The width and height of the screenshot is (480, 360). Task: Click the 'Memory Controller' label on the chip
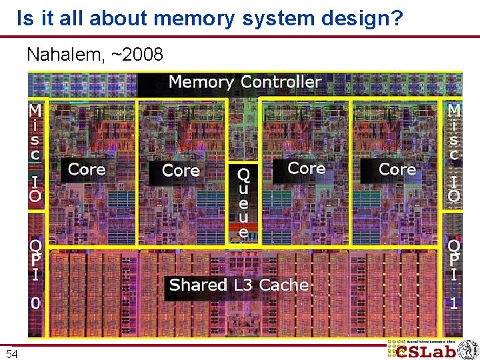click(245, 82)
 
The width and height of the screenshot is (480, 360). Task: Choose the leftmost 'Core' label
click(87, 169)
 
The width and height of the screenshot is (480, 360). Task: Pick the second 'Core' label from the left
click(180, 171)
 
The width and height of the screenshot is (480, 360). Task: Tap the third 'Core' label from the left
click(306, 168)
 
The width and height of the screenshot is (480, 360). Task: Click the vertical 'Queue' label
click(244, 204)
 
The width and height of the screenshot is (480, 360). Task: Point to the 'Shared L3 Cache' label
click(239, 285)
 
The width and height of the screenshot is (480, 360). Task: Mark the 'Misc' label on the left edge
click(35, 131)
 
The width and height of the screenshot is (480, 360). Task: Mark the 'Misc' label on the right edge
click(454, 131)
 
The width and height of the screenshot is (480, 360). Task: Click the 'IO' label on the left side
click(35, 188)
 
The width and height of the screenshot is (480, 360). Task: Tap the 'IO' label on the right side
click(454, 188)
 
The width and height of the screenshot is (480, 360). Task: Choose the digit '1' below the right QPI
click(454, 303)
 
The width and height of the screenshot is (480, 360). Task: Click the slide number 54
click(12, 353)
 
